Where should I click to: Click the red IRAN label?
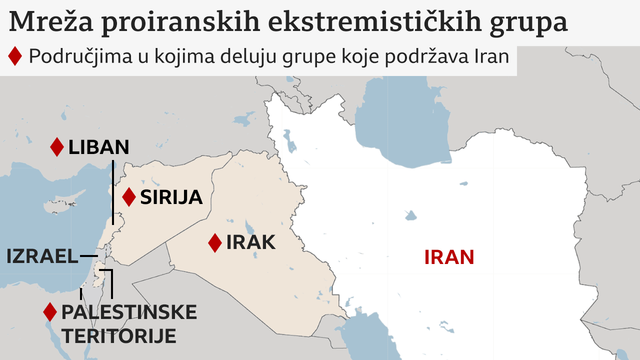(x=449, y=257)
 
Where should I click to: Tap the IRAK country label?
(x=250, y=242)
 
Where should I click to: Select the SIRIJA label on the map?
(x=171, y=197)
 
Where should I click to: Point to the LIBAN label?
(x=98, y=147)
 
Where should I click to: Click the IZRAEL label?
(x=42, y=256)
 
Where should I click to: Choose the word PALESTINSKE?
(x=129, y=312)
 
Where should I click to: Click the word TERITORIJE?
(x=119, y=336)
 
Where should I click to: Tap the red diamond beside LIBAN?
(x=57, y=147)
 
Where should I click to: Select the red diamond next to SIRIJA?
(x=129, y=197)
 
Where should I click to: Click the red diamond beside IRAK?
(x=215, y=243)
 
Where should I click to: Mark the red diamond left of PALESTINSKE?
(x=50, y=312)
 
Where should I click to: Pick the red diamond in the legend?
(x=15, y=56)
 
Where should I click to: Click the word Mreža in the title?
(x=47, y=22)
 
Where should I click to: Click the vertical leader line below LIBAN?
(x=113, y=192)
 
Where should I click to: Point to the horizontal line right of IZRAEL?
(x=88, y=256)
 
